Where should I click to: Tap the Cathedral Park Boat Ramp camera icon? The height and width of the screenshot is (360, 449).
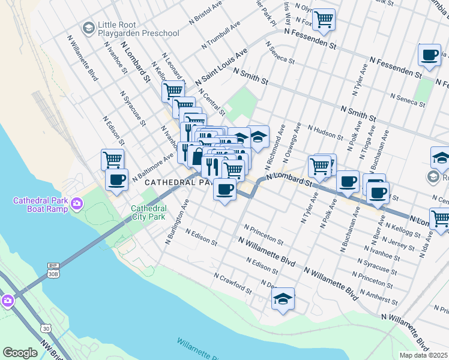[77, 205]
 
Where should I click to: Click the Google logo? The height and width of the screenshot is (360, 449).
[20, 353]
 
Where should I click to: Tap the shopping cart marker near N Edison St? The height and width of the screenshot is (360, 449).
[112, 160]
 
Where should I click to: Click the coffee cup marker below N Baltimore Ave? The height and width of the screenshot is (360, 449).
[116, 179]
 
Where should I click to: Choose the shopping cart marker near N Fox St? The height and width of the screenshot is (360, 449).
[324, 19]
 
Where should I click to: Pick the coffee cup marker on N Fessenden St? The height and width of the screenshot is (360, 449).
[430, 55]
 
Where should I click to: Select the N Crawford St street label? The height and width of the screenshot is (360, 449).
[234, 282]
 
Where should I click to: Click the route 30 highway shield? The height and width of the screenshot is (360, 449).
[46, 328]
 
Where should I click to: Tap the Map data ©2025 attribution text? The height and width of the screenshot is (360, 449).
[424, 355]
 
